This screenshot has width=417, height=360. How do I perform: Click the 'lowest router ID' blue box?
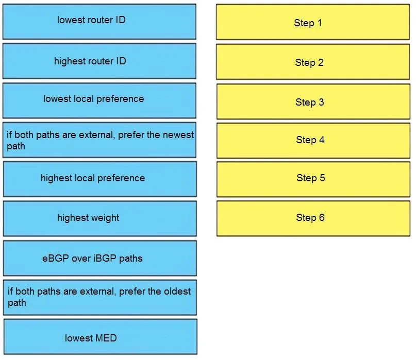pyautogui.click(x=99, y=22)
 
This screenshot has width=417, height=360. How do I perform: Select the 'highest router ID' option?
pyautogui.click(x=99, y=61)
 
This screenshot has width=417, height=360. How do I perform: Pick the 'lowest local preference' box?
pyautogui.click(x=99, y=100)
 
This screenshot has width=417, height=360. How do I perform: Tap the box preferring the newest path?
pyautogui.click(x=99, y=140)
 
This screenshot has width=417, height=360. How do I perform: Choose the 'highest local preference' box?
pyautogui.click(x=100, y=179)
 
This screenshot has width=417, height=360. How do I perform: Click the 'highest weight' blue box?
pyautogui.click(x=100, y=219)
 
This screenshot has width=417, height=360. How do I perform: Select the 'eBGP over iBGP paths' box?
pyautogui.click(x=100, y=258)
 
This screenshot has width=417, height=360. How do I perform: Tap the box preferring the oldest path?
pyautogui.click(x=100, y=298)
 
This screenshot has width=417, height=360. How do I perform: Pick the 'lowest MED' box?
pyautogui.click(x=101, y=337)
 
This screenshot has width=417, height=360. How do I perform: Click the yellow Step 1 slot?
pyautogui.click(x=313, y=22)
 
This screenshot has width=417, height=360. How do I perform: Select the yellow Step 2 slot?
pyautogui.click(x=313, y=62)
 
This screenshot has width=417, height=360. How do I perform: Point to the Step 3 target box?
pyautogui.click(x=313, y=101)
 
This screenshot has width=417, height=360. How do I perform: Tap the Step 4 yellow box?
pyautogui.click(x=313, y=141)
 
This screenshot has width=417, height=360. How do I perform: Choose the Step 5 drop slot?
pyautogui.click(x=313, y=179)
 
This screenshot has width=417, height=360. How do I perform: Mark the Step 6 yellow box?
pyautogui.click(x=313, y=219)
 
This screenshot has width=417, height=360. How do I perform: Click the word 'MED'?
pyautogui.click(x=106, y=338)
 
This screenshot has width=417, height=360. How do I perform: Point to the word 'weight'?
pyautogui.click(x=104, y=218)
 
